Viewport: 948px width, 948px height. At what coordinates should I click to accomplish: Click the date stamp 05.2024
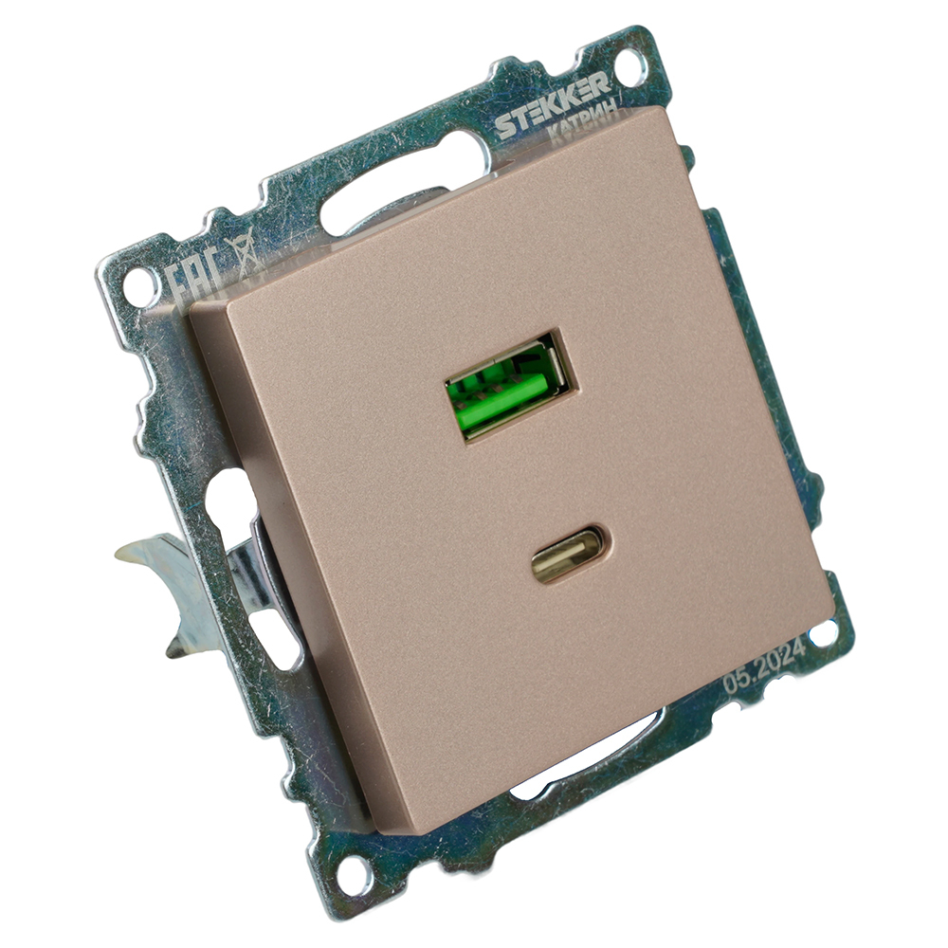click(763, 665)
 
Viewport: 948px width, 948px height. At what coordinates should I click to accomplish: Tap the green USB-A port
click(508, 387)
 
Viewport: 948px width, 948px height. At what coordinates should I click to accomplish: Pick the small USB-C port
click(567, 554)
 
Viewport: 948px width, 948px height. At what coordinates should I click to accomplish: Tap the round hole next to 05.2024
click(822, 632)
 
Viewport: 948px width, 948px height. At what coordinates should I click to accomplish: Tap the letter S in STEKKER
click(502, 125)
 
